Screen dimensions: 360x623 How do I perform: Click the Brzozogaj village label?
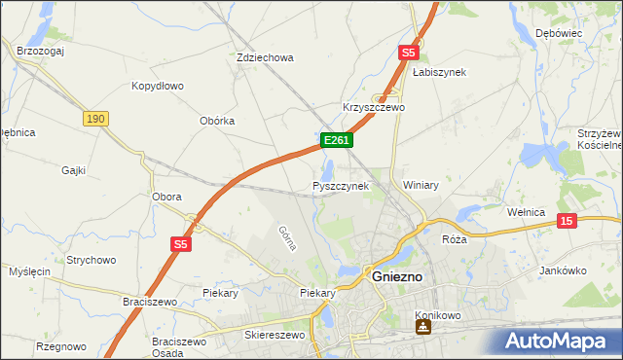40,50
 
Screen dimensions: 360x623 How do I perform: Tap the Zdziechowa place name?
265,57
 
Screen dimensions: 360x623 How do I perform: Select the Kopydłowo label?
158,86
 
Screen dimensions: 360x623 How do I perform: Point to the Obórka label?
217,121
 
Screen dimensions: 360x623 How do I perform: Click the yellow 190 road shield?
94,119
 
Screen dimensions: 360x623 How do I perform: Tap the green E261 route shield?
336,141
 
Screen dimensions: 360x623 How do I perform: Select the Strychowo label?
92,260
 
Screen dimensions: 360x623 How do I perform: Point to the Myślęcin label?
28,270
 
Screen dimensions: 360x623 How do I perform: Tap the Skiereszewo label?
275,335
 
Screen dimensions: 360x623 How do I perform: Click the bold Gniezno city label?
396,277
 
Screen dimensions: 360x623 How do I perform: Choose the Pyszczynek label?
341,185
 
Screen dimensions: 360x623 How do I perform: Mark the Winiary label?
421,184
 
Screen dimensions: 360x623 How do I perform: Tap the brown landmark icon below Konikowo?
421,328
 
